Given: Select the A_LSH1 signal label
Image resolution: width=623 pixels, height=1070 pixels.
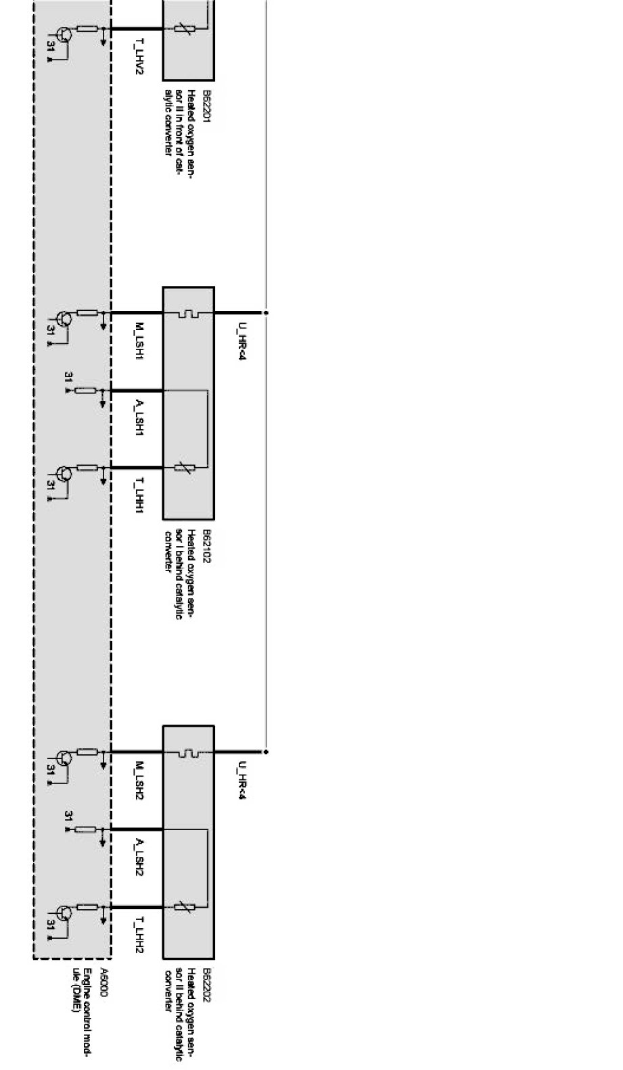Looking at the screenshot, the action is click(x=139, y=419).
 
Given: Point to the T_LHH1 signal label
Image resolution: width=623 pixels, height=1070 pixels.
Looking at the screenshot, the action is click(x=139, y=496).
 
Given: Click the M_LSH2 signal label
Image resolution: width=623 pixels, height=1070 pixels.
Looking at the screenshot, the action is click(x=139, y=781).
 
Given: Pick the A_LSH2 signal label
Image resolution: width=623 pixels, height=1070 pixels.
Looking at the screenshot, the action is click(x=139, y=858).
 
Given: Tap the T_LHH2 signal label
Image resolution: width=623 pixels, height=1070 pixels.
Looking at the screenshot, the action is click(x=139, y=935).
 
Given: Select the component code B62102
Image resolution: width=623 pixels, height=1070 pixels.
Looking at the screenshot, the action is click(x=208, y=547).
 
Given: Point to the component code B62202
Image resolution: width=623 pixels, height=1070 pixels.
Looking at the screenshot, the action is click(x=208, y=984).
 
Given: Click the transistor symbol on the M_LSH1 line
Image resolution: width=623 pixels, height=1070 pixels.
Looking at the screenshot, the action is click(x=64, y=319).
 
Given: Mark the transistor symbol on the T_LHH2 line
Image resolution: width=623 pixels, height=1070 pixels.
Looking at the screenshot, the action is click(x=64, y=913).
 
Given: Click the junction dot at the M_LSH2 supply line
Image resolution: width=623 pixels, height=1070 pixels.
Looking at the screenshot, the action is click(x=266, y=752).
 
